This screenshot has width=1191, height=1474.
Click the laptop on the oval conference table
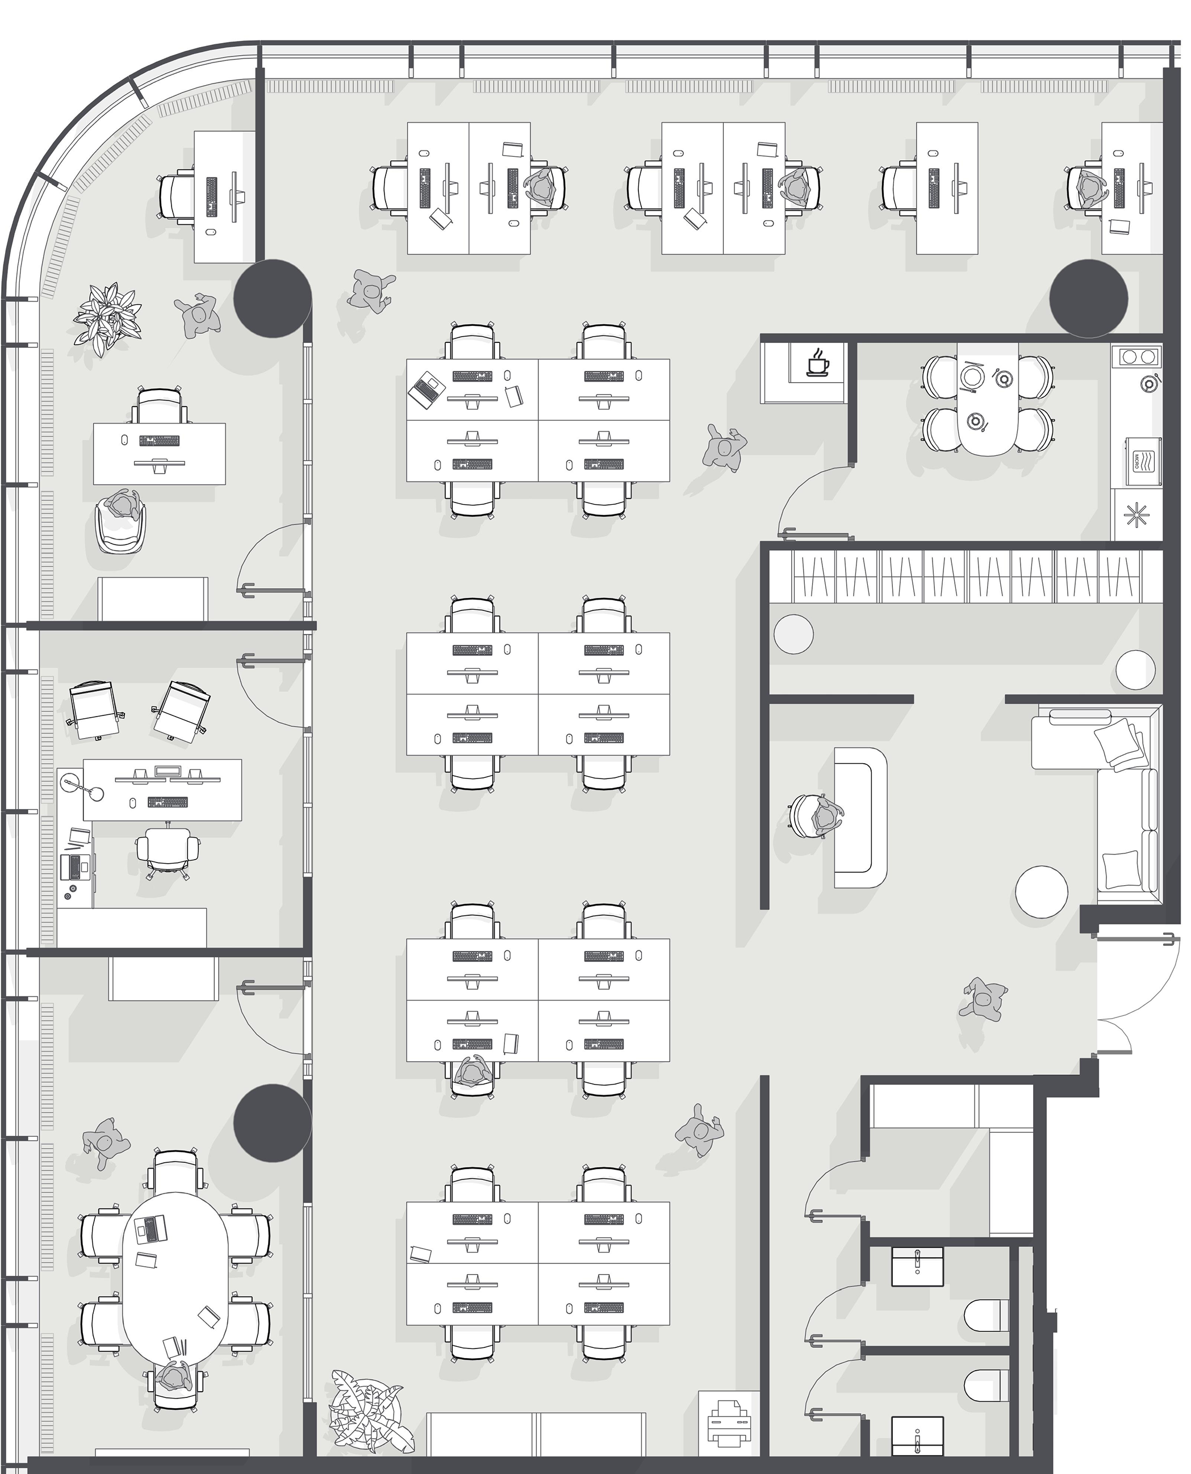coord(151,1228)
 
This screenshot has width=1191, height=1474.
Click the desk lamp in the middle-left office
coord(82,786)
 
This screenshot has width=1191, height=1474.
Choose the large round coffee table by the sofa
coord(1042,891)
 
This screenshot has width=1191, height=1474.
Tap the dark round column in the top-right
coord(1089,298)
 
